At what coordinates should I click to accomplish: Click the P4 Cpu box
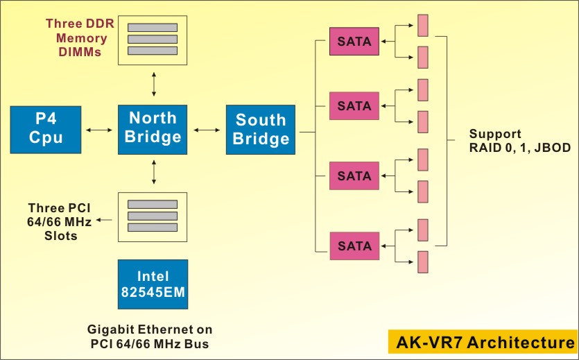pyautogui.click(x=45, y=129)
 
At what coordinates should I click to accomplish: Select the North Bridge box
pyautogui.click(x=153, y=128)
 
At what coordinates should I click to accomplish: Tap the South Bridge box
pyautogui.click(x=260, y=130)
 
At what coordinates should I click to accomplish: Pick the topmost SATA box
pyautogui.click(x=354, y=42)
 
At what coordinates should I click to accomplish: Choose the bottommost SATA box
pyautogui.click(x=354, y=246)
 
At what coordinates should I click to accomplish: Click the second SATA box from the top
pyautogui.click(x=354, y=106)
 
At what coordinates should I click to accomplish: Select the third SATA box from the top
pyautogui.click(x=354, y=175)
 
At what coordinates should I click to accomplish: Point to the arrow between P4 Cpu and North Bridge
pyautogui.click(x=98, y=129)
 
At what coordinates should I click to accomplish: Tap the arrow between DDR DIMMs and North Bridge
pyautogui.click(x=153, y=83)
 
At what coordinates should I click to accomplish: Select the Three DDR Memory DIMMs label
pyautogui.click(x=76, y=37)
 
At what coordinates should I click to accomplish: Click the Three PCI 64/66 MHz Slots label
pyautogui.click(x=59, y=221)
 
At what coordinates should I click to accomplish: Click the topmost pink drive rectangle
pyautogui.click(x=422, y=26)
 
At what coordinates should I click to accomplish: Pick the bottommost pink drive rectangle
pyautogui.click(x=422, y=262)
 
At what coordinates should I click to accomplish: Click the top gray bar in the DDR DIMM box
pyautogui.click(x=153, y=26)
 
